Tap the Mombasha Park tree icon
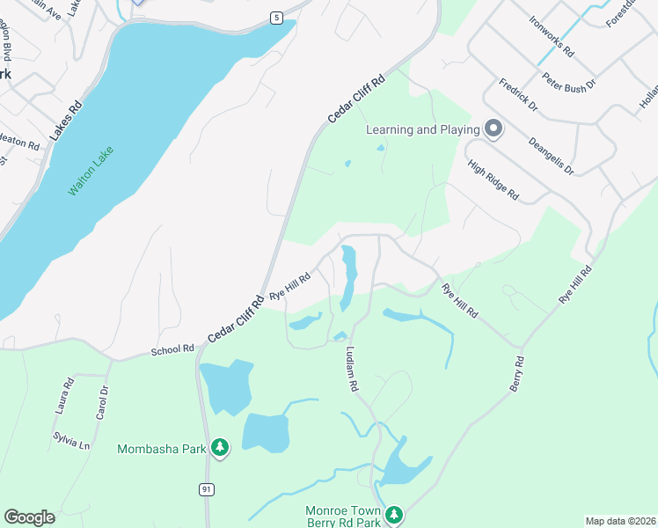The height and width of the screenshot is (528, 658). tap(219, 449)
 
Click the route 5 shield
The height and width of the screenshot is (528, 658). tap(276, 18)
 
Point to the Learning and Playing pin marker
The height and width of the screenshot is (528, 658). tap(493, 129)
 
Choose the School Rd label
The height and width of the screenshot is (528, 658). tap(172, 349)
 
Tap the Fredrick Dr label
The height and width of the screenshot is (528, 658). tap(518, 95)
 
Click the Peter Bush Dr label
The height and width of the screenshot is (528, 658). tap(568, 83)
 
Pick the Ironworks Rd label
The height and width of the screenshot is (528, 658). tap(552, 36)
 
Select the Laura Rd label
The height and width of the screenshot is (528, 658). tap(62, 394)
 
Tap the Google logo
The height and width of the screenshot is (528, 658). tap(29, 517)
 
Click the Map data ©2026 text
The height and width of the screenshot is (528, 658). tap(620, 521)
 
